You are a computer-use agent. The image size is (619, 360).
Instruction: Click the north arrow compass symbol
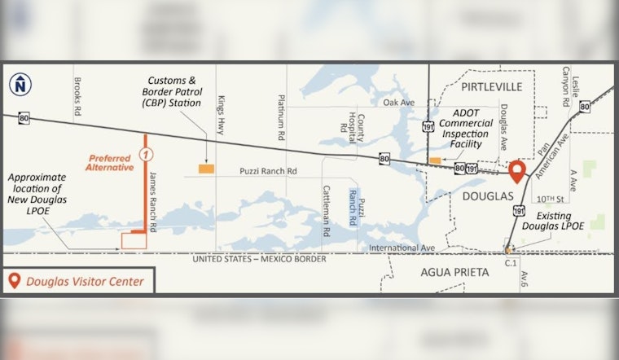(x=19, y=83)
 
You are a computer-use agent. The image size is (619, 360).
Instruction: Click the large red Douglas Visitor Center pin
(x=517, y=172)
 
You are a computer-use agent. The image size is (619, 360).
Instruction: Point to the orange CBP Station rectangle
(x=207, y=169)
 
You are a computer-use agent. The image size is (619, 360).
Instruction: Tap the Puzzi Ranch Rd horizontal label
(x=268, y=172)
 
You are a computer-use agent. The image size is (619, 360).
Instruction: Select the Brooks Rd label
(x=77, y=97)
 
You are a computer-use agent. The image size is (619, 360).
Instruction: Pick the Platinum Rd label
(x=281, y=116)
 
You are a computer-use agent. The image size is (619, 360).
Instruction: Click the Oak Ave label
(x=399, y=103)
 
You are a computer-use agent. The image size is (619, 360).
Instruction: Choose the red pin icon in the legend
(x=14, y=281)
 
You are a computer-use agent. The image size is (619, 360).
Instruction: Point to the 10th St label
(x=551, y=199)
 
